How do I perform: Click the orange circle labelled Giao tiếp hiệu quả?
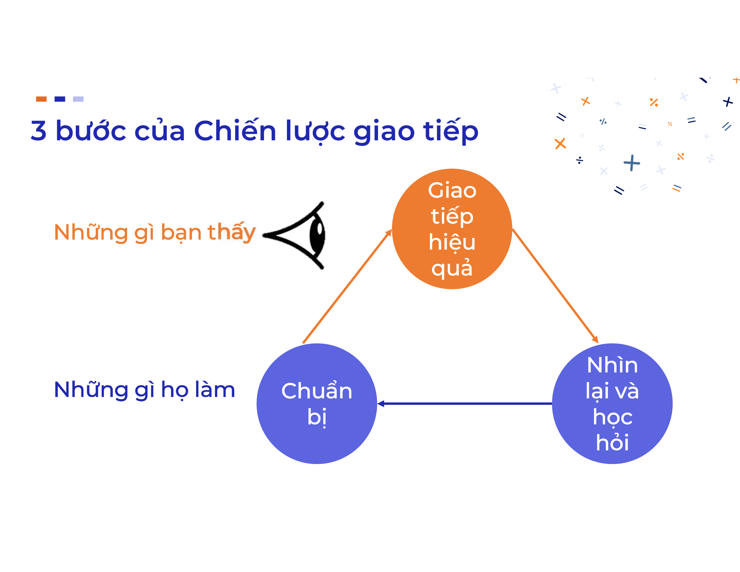click(452, 229)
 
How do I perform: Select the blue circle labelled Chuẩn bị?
click(317, 403)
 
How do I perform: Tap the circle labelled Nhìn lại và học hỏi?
click(612, 403)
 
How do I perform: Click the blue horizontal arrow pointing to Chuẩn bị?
click(465, 403)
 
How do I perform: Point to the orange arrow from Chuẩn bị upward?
click(347, 287)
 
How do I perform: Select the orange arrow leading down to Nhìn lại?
click(555, 286)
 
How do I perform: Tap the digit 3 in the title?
click(38, 131)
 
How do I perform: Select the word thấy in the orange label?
click(231, 233)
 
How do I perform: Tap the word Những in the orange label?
click(90, 232)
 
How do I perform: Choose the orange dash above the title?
click(41, 99)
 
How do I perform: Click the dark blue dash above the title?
click(60, 99)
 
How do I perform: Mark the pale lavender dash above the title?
click(78, 99)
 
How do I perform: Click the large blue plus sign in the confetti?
click(632, 163)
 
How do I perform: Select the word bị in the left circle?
click(317, 417)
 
